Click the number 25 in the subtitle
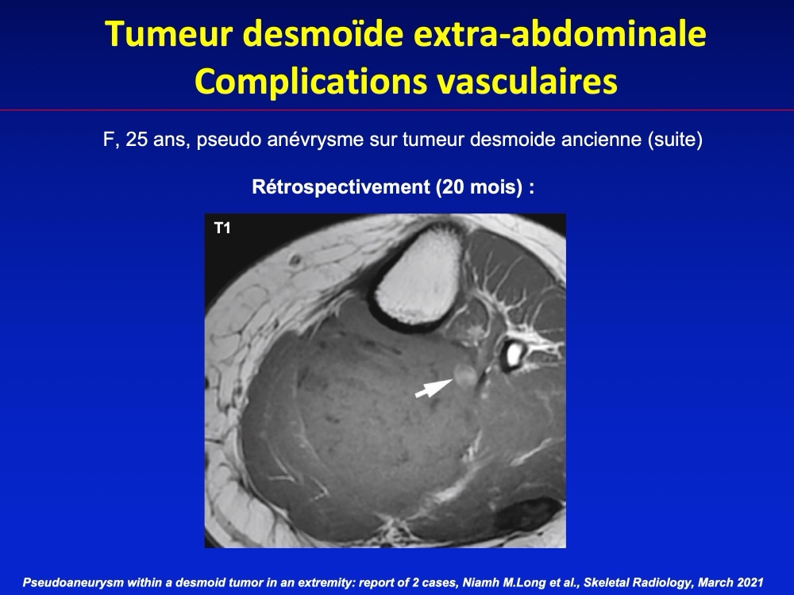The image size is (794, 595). (137, 139)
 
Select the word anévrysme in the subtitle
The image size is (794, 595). (315, 139)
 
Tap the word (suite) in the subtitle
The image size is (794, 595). (675, 139)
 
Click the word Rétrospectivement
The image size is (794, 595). (341, 187)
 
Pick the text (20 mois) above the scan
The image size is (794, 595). (479, 187)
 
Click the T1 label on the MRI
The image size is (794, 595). (222, 228)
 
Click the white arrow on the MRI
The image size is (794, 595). (434, 388)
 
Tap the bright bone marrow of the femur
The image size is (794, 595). (418, 276)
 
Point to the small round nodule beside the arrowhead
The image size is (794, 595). (464, 375)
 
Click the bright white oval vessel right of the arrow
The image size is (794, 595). (513, 354)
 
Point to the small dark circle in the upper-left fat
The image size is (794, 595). (295, 260)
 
